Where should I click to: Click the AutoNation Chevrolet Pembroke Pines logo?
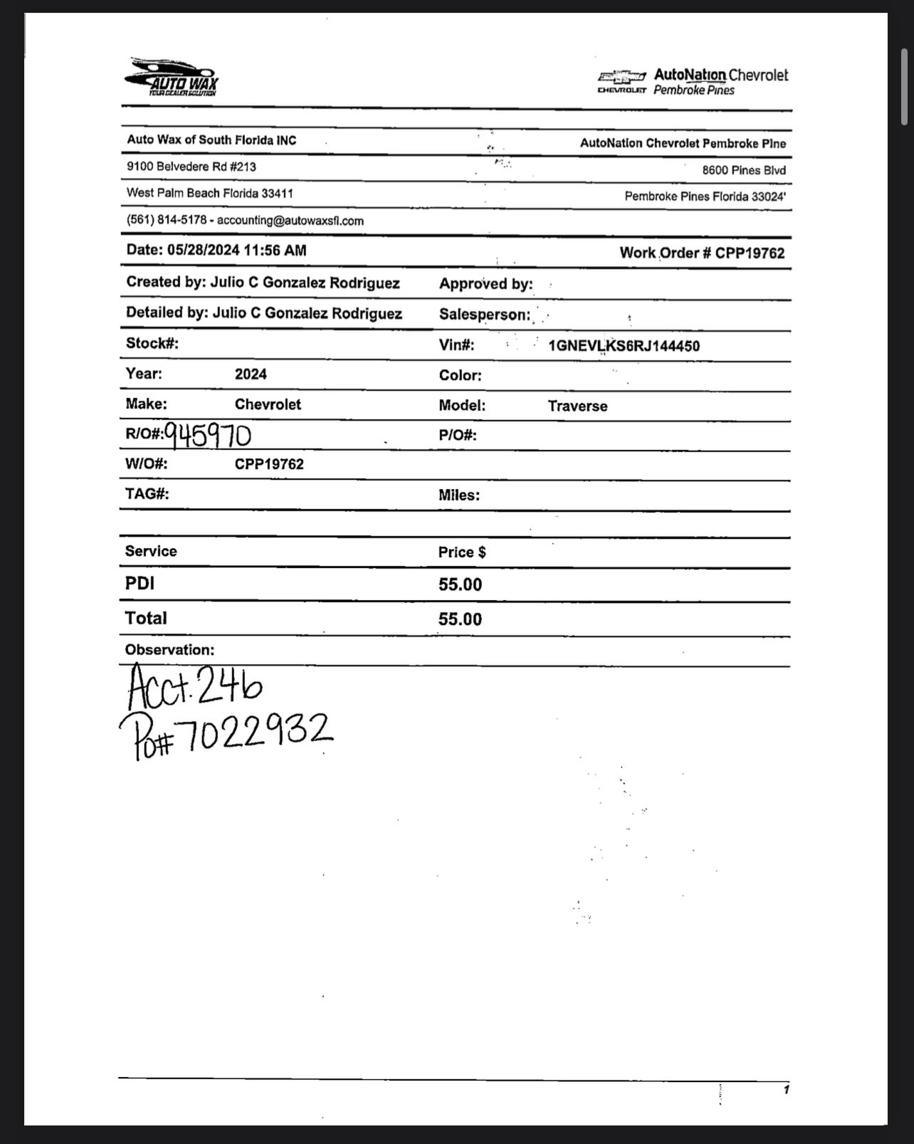tap(693, 82)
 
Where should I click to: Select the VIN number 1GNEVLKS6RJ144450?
tap(624, 346)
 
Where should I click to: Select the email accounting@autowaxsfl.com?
tap(290, 221)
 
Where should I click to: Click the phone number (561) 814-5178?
tap(167, 220)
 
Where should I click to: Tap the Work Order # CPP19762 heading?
tap(702, 253)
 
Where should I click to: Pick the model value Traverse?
tap(577, 406)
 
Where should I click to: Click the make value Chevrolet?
tap(268, 404)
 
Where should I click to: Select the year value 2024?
tap(251, 374)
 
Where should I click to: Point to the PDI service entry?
tap(140, 583)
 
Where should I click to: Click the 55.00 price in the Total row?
tap(460, 619)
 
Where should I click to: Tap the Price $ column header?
tap(462, 552)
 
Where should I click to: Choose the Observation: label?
tap(169, 649)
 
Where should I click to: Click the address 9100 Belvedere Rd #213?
tap(191, 167)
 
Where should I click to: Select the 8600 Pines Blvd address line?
tap(744, 170)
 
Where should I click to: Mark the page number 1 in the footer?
tap(786, 1089)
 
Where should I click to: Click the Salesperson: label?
tap(484, 314)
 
